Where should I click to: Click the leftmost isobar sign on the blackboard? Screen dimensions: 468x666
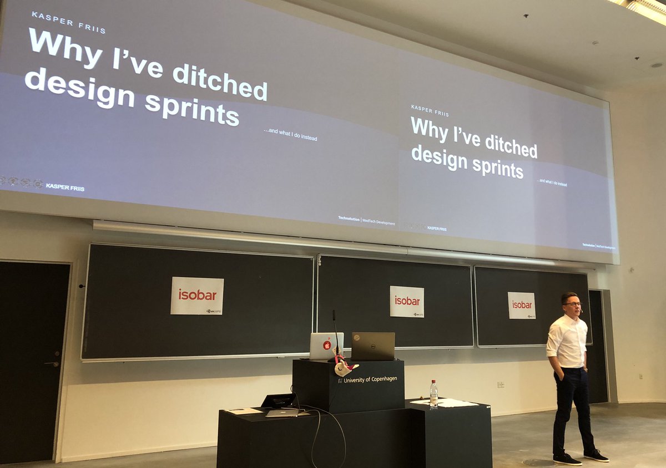[x=197, y=296]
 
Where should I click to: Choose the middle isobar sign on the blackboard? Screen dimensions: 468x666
[x=407, y=301]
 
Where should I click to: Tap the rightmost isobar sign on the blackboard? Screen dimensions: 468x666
[x=522, y=305]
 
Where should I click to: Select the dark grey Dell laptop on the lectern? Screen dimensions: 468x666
[x=373, y=346]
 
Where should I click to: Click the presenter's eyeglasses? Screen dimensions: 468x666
[x=572, y=304]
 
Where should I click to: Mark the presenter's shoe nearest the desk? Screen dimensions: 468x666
[x=567, y=459]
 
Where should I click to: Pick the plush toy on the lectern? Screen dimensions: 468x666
[x=345, y=367]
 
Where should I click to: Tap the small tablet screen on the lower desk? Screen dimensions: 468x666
[x=279, y=400]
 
